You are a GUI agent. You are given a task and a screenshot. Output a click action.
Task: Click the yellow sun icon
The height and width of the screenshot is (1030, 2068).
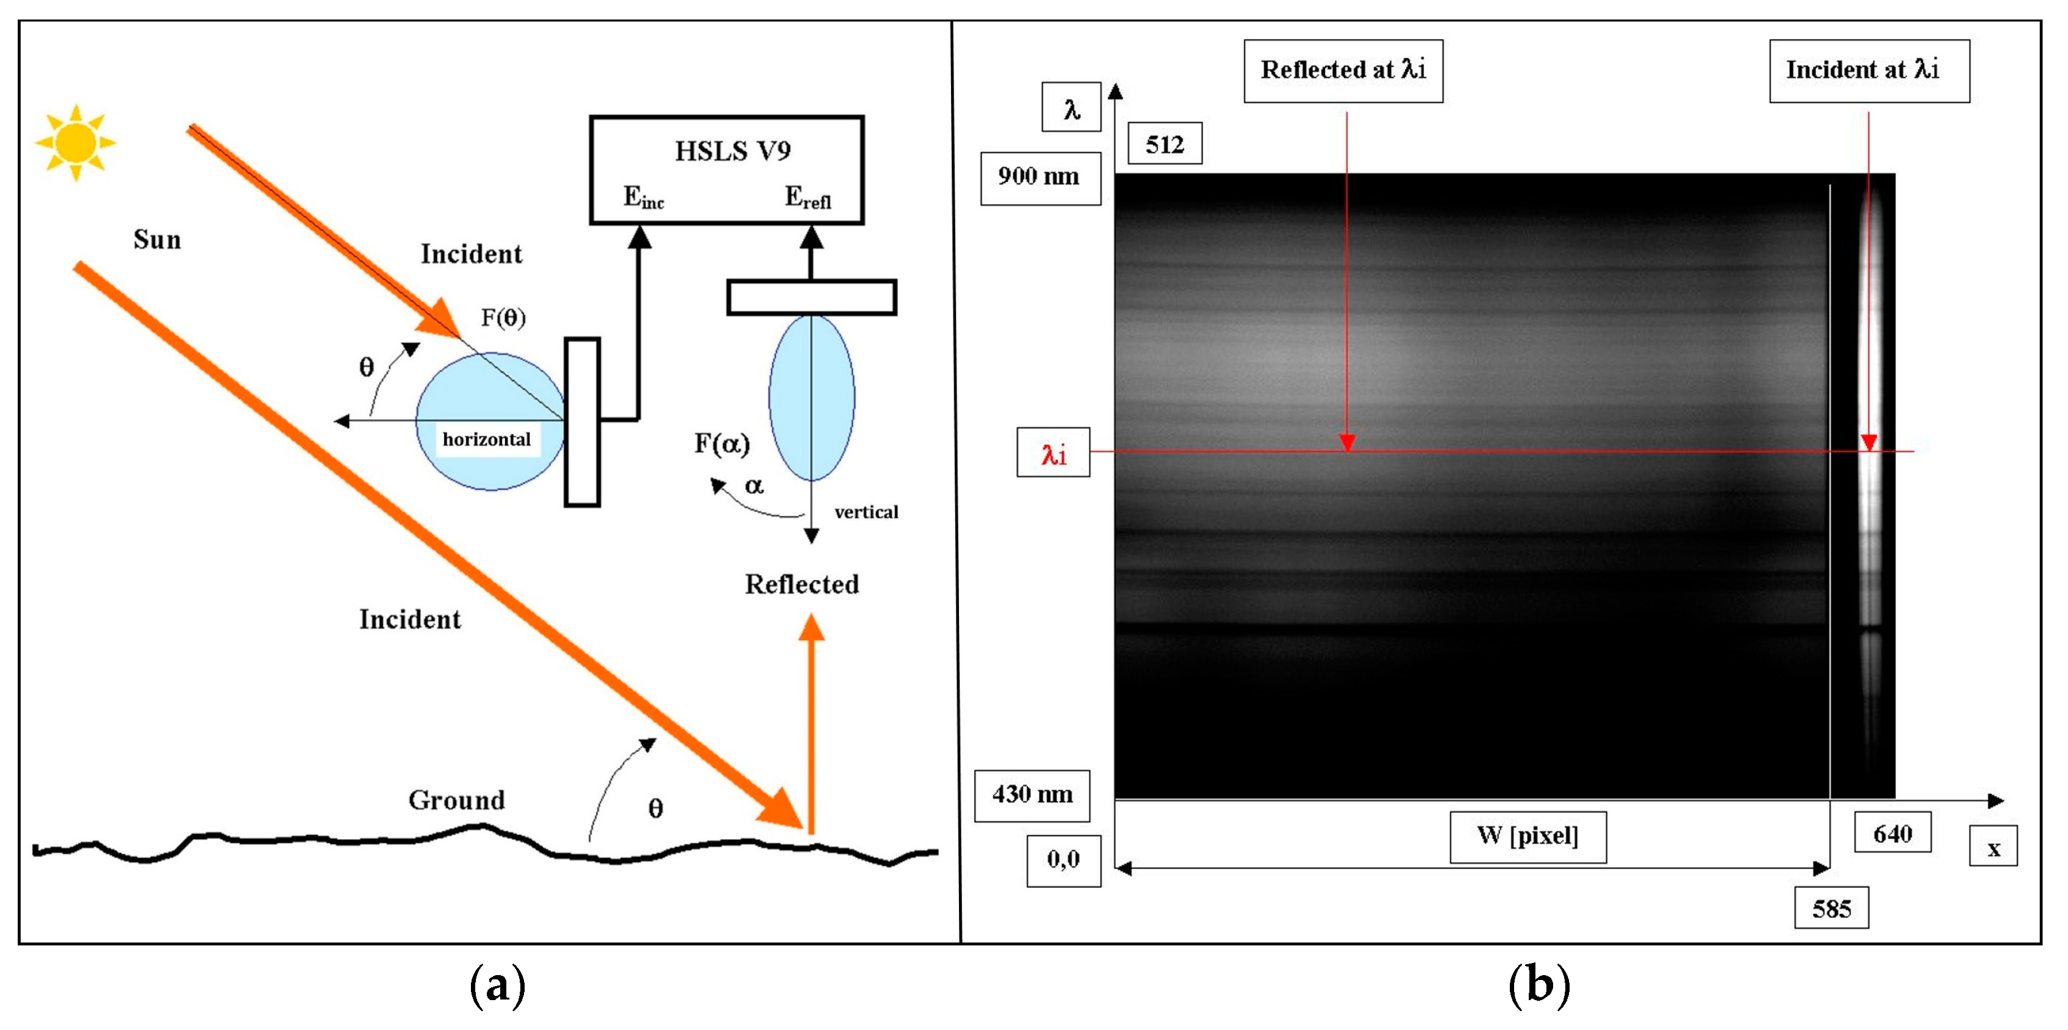click(x=76, y=142)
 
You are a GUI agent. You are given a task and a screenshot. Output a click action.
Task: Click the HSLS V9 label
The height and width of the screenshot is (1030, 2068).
click(x=732, y=151)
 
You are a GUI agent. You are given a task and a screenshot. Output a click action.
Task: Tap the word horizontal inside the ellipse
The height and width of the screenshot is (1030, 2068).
click(x=486, y=439)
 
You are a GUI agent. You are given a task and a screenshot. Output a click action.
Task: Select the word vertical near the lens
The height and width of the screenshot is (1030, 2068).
click(x=866, y=512)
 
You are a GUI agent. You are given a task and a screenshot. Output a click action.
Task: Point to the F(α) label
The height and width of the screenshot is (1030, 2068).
click(x=722, y=443)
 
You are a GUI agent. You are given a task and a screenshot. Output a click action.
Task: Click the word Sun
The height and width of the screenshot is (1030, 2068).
click(x=157, y=239)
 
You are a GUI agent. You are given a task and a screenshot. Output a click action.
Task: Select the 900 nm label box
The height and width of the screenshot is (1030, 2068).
click(x=1039, y=177)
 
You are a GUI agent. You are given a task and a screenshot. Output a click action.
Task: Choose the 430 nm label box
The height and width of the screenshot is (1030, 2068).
click(x=1032, y=795)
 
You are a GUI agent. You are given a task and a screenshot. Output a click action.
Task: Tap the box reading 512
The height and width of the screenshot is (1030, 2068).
click(x=1164, y=145)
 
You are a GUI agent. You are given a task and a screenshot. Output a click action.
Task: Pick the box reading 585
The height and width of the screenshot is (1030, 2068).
click(x=1831, y=908)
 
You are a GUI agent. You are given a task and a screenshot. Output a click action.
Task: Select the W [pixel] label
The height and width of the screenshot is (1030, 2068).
click(x=1528, y=835)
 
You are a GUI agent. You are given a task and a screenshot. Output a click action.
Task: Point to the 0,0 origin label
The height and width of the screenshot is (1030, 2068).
click(x=1063, y=860)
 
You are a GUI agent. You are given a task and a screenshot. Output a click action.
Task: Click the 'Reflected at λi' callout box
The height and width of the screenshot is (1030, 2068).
click(x=1343, y=71)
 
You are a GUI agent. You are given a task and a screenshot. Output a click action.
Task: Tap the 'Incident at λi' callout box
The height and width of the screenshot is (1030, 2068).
click(x=1869, y=71)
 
